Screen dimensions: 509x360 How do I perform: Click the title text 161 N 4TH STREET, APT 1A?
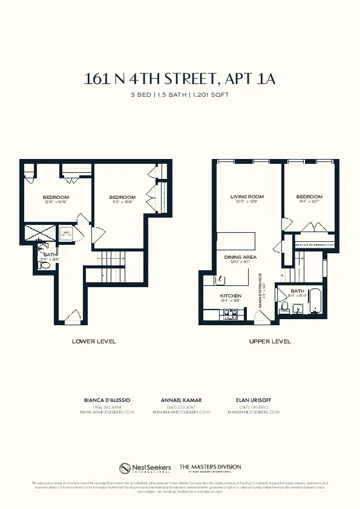[180, 79]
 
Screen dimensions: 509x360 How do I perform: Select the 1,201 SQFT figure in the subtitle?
[211, 95]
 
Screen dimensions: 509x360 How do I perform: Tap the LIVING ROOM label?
[247, 196]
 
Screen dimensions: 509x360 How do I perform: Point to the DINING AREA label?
[241, 258]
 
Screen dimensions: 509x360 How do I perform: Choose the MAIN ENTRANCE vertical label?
[260, 291]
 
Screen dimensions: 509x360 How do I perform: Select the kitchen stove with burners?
[229, 313]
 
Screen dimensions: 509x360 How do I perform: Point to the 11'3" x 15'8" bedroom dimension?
[122, 202]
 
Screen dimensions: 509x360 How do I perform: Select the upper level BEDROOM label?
[309, 196]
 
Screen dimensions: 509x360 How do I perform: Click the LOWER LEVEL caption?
[94, 342]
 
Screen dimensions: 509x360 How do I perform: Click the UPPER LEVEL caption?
[270, 342]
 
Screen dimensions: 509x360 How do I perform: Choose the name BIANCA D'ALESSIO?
[106, 400]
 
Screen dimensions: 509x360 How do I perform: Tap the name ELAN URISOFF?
[253, 400]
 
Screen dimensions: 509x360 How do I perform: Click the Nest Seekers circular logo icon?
[125, 468]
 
